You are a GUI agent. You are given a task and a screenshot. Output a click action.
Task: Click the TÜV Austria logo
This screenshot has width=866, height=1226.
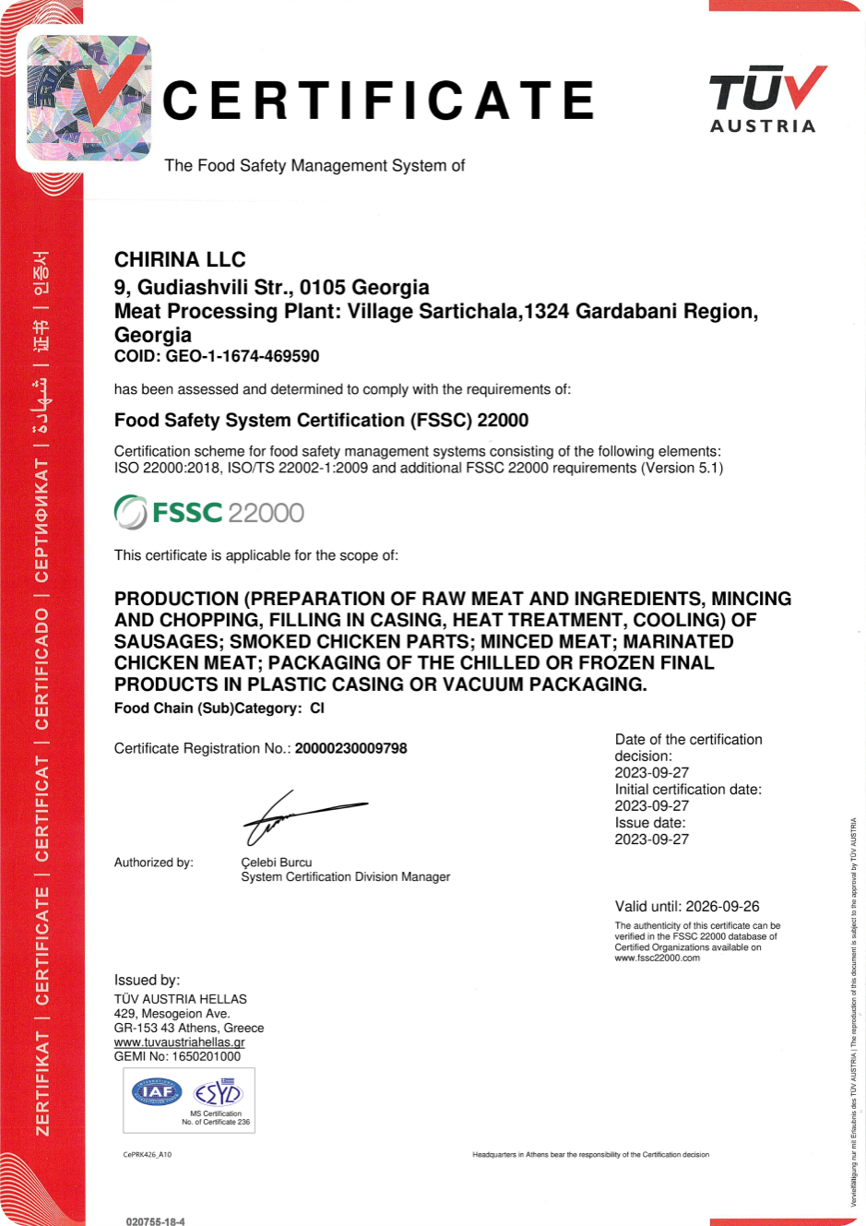pyautogui.click(x=765, y=100)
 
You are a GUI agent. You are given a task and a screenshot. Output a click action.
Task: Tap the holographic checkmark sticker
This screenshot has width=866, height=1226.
pyautogui.click(x=89, y=99)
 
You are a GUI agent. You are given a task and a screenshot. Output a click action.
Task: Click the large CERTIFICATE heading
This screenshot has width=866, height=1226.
pyautogui.click(x=378, y=101)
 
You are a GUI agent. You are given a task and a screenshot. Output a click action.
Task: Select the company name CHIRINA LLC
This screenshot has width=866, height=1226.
pyautogui.click(x=180, y=259)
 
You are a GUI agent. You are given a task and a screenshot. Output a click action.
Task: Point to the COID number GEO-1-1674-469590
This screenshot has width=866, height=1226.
pyautogui.click(x=243, y=356)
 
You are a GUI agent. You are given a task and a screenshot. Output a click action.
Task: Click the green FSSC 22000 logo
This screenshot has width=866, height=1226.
pyautogui.click(x=209, y=512)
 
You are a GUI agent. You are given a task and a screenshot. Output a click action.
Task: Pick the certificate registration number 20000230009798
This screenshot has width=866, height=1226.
pyautogui.click(x=350, y=748)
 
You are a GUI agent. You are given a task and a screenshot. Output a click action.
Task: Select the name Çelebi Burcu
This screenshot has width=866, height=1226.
pyautogui.click(x=277, y=863)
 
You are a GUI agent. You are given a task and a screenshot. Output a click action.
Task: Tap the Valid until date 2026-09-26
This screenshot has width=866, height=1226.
pyautogui.click(x=722, y=907)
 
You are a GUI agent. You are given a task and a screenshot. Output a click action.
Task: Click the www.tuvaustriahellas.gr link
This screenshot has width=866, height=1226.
pyautogui.click(x=179, y=1042)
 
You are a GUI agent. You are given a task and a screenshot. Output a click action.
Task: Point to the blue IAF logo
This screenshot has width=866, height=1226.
pyautogui.click(x=157, y=1092)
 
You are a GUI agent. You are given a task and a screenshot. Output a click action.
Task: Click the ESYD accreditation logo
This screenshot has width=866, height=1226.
pyautogui.click(x=218, y=1093)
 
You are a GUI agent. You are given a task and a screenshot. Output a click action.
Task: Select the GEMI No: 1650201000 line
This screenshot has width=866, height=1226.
pyautogui.click(x=177, y=1056)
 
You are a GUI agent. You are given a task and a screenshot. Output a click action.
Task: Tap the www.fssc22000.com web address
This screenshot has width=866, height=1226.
pyautogui.click(x=658, y=958)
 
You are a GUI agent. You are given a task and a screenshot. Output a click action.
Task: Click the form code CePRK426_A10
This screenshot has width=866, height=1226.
pyautogui.click(x=147, y=1154)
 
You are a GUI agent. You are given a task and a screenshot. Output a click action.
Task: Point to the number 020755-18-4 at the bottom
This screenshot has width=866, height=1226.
pyautogui.click(x=156, y=1221)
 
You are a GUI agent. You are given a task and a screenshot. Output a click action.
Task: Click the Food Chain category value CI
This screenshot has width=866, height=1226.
pyautogui.click(x=317, y=708)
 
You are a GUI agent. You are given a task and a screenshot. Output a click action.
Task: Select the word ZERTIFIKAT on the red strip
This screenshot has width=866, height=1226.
pyautogui.click(x=42, y=1084)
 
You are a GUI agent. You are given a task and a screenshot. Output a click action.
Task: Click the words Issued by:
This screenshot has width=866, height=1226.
pyautogui.click(x=147, y=980)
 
